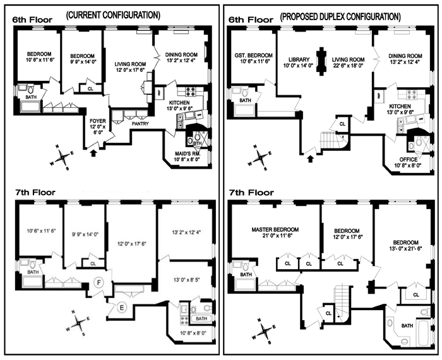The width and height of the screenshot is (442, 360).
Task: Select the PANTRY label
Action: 140,124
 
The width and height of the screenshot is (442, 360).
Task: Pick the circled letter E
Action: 122,307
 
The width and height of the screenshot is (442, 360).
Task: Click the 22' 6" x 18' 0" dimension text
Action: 349,68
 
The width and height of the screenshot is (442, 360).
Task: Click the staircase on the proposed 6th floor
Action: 329,138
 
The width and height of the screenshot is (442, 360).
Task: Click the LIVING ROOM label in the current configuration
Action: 131,64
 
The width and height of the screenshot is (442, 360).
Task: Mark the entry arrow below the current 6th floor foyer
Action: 94,152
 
